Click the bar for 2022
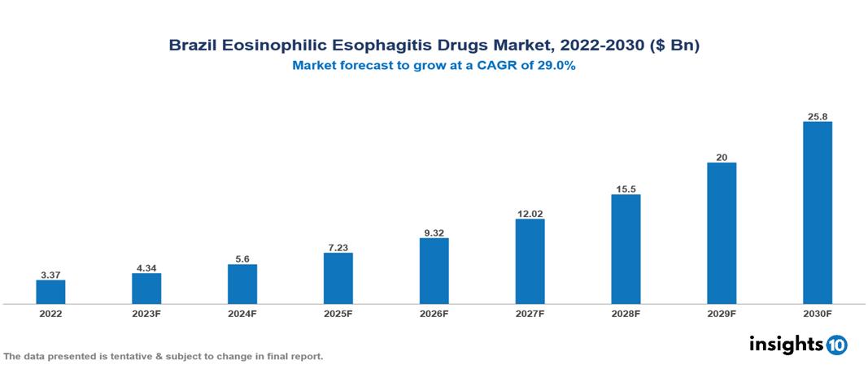pyautogui.click(x=50, y=292)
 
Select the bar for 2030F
pyautogui.click(x=818, y=213)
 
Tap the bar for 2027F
pyautogui.click(x=530, y=262)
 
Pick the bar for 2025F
pyautogui.click(x=338, y=278)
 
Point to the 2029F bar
pyautogui.click(x=722, y=233)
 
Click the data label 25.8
pyautogui.click(x=818, y=116)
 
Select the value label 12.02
pyautogui.click(x=530, y=214)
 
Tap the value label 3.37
pyautogui.click(x=50, y=275)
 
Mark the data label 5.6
pyautogui.click(x=242, y=259)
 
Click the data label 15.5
pyautogui.click(x=626, y=189)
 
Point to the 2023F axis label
pyautogui.click(x=146, y=313)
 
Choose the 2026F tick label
pyautogui.click(x=434, y=313)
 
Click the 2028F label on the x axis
pyautogui.click(x=626, y=313)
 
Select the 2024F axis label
pyautogui.click(x=242, y=313)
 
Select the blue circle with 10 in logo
pyautogui.click(x=836, y=345)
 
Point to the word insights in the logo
pyautogui.click(x=786, y=344)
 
